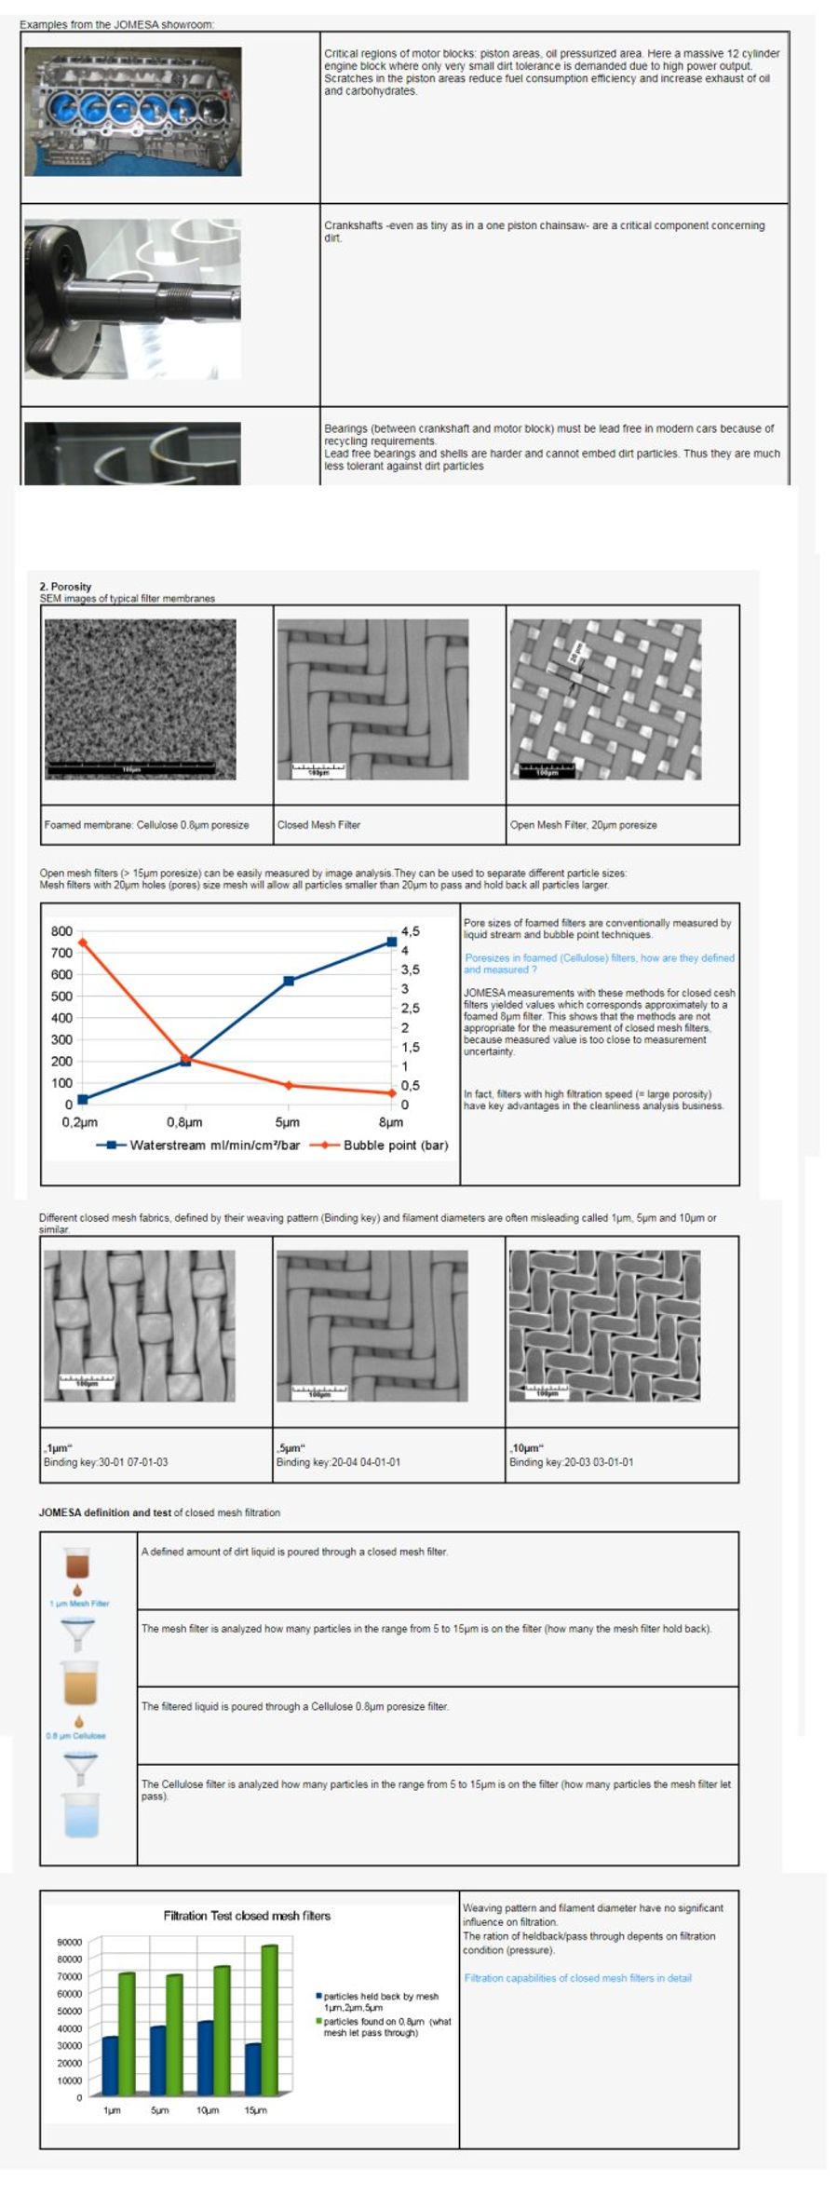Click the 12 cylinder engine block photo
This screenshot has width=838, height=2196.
pos(132,112)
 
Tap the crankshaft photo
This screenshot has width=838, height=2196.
pos(132,298)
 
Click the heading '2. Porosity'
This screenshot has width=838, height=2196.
pos(65,587)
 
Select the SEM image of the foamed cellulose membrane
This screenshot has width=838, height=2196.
pos(140,698)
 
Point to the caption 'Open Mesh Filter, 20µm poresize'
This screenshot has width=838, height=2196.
pos(583,825)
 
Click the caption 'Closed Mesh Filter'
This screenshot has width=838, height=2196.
pos(318,825)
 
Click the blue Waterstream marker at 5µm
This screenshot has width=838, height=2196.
pos(289,981)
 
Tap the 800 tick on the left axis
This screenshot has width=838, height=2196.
pos(61,931)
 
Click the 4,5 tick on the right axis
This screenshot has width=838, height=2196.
pos(410,931)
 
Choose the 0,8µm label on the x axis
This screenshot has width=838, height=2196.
pos(184,1122)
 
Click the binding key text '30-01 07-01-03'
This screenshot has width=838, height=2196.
pos(133,1462)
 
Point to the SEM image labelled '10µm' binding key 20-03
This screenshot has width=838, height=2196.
pos(604,1325)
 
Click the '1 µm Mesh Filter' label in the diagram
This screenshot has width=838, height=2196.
pos(79,1604)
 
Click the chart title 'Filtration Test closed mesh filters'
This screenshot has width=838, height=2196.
pos(247,1916)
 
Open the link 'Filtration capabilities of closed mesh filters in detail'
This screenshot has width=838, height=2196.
pos(577,1978)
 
